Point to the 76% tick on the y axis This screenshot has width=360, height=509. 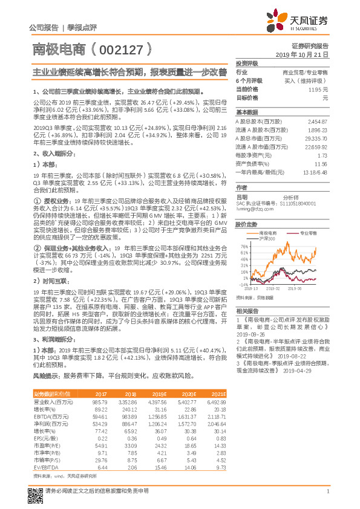244,247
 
